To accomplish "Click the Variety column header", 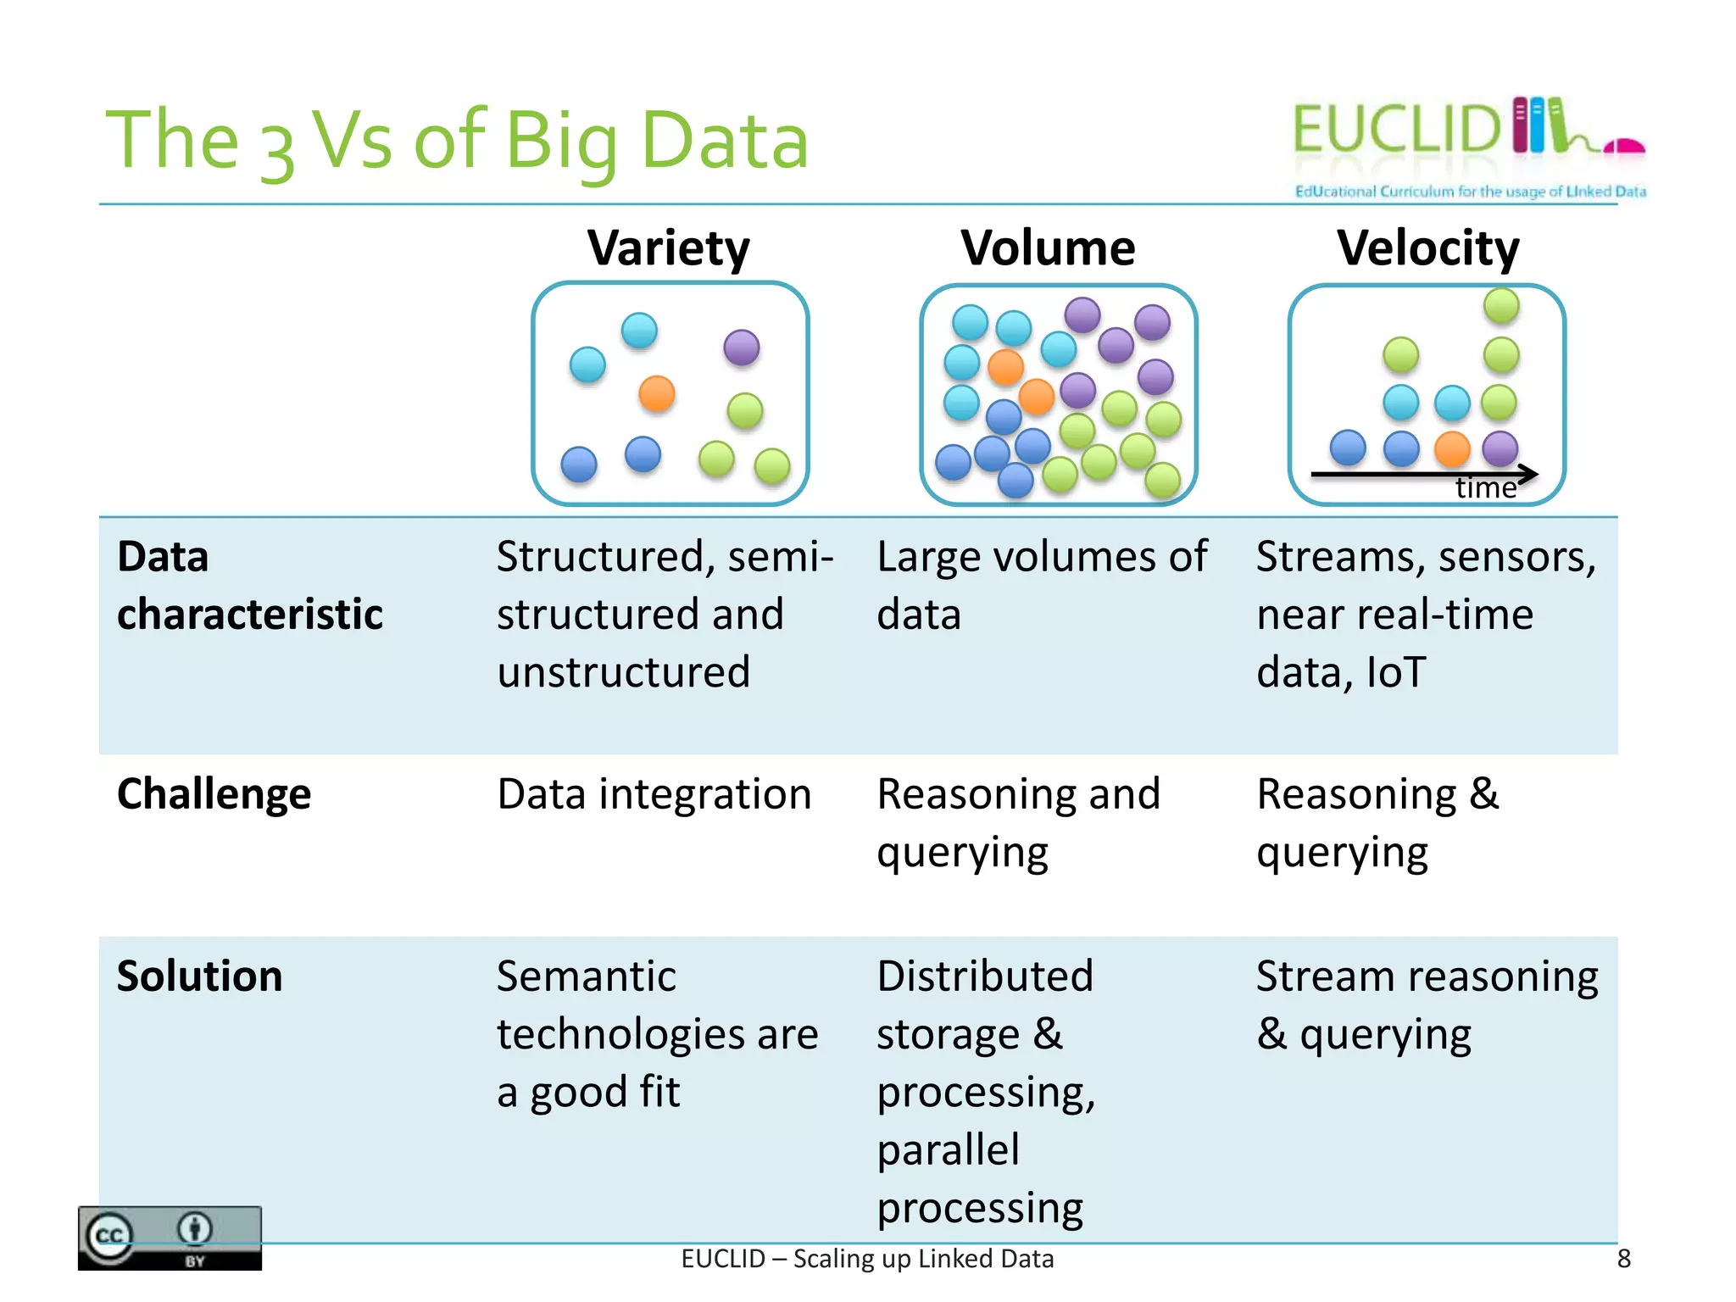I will (669, 248).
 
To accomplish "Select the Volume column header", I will (1048, 248).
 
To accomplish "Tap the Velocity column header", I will (1427, 248).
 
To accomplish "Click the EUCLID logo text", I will (1397, 130).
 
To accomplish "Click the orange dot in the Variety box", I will (656, 394).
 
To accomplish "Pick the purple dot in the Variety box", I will (742, 348).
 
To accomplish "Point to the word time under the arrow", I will (1485, 489).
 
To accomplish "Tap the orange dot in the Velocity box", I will (1452, 448).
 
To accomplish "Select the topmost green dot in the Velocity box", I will (1501, 306).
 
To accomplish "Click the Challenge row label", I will (214, 794).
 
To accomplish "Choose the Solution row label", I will (199, 976).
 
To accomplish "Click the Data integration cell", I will (654, 794).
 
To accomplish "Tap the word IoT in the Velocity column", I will (1396, 672).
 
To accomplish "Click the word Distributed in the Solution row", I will (985, 976).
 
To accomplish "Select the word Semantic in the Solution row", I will (587, 976).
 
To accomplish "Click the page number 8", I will (1623, 1259).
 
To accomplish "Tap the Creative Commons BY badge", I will (170, 1238).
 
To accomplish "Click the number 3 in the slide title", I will (276, 151).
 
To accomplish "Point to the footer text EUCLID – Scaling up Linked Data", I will (867, 1259).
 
